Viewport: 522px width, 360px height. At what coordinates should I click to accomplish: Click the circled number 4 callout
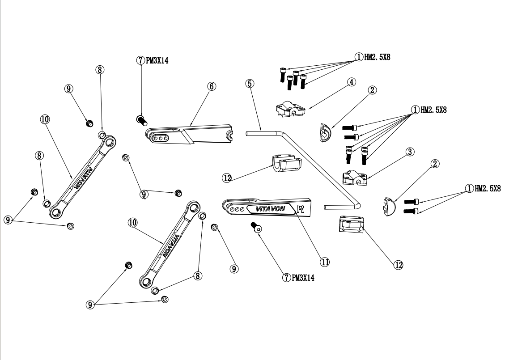coord(352,82)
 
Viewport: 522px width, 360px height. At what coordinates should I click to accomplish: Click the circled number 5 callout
coord(250,83)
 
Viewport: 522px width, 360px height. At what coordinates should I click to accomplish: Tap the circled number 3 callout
coord(409,152)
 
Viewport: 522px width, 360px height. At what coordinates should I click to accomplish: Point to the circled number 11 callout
coord(325,262)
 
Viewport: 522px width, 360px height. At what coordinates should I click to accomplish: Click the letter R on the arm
coord(301,209)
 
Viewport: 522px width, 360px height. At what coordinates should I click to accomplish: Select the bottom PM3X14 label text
coord(303,277)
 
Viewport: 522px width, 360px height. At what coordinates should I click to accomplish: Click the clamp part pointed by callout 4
coord(290,109)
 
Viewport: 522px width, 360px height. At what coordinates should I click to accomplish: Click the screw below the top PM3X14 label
coord(141,119)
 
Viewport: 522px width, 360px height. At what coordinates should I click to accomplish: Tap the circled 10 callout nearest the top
coord(45,119)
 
